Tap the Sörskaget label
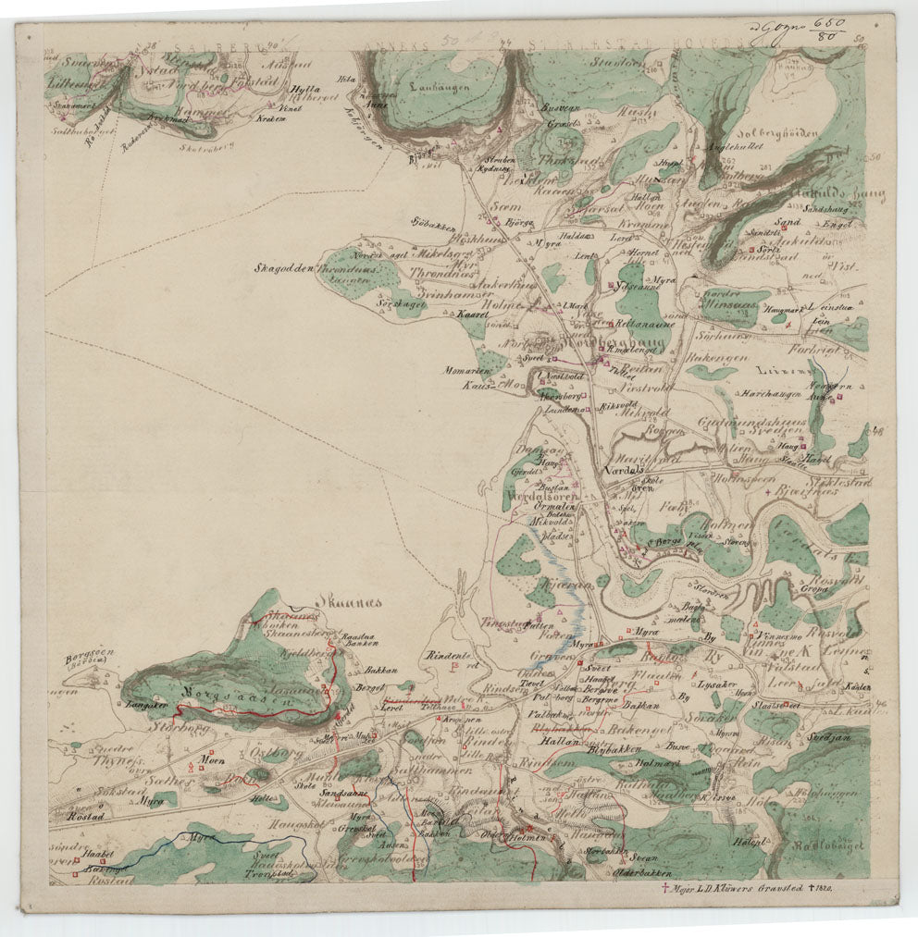(401, 303)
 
